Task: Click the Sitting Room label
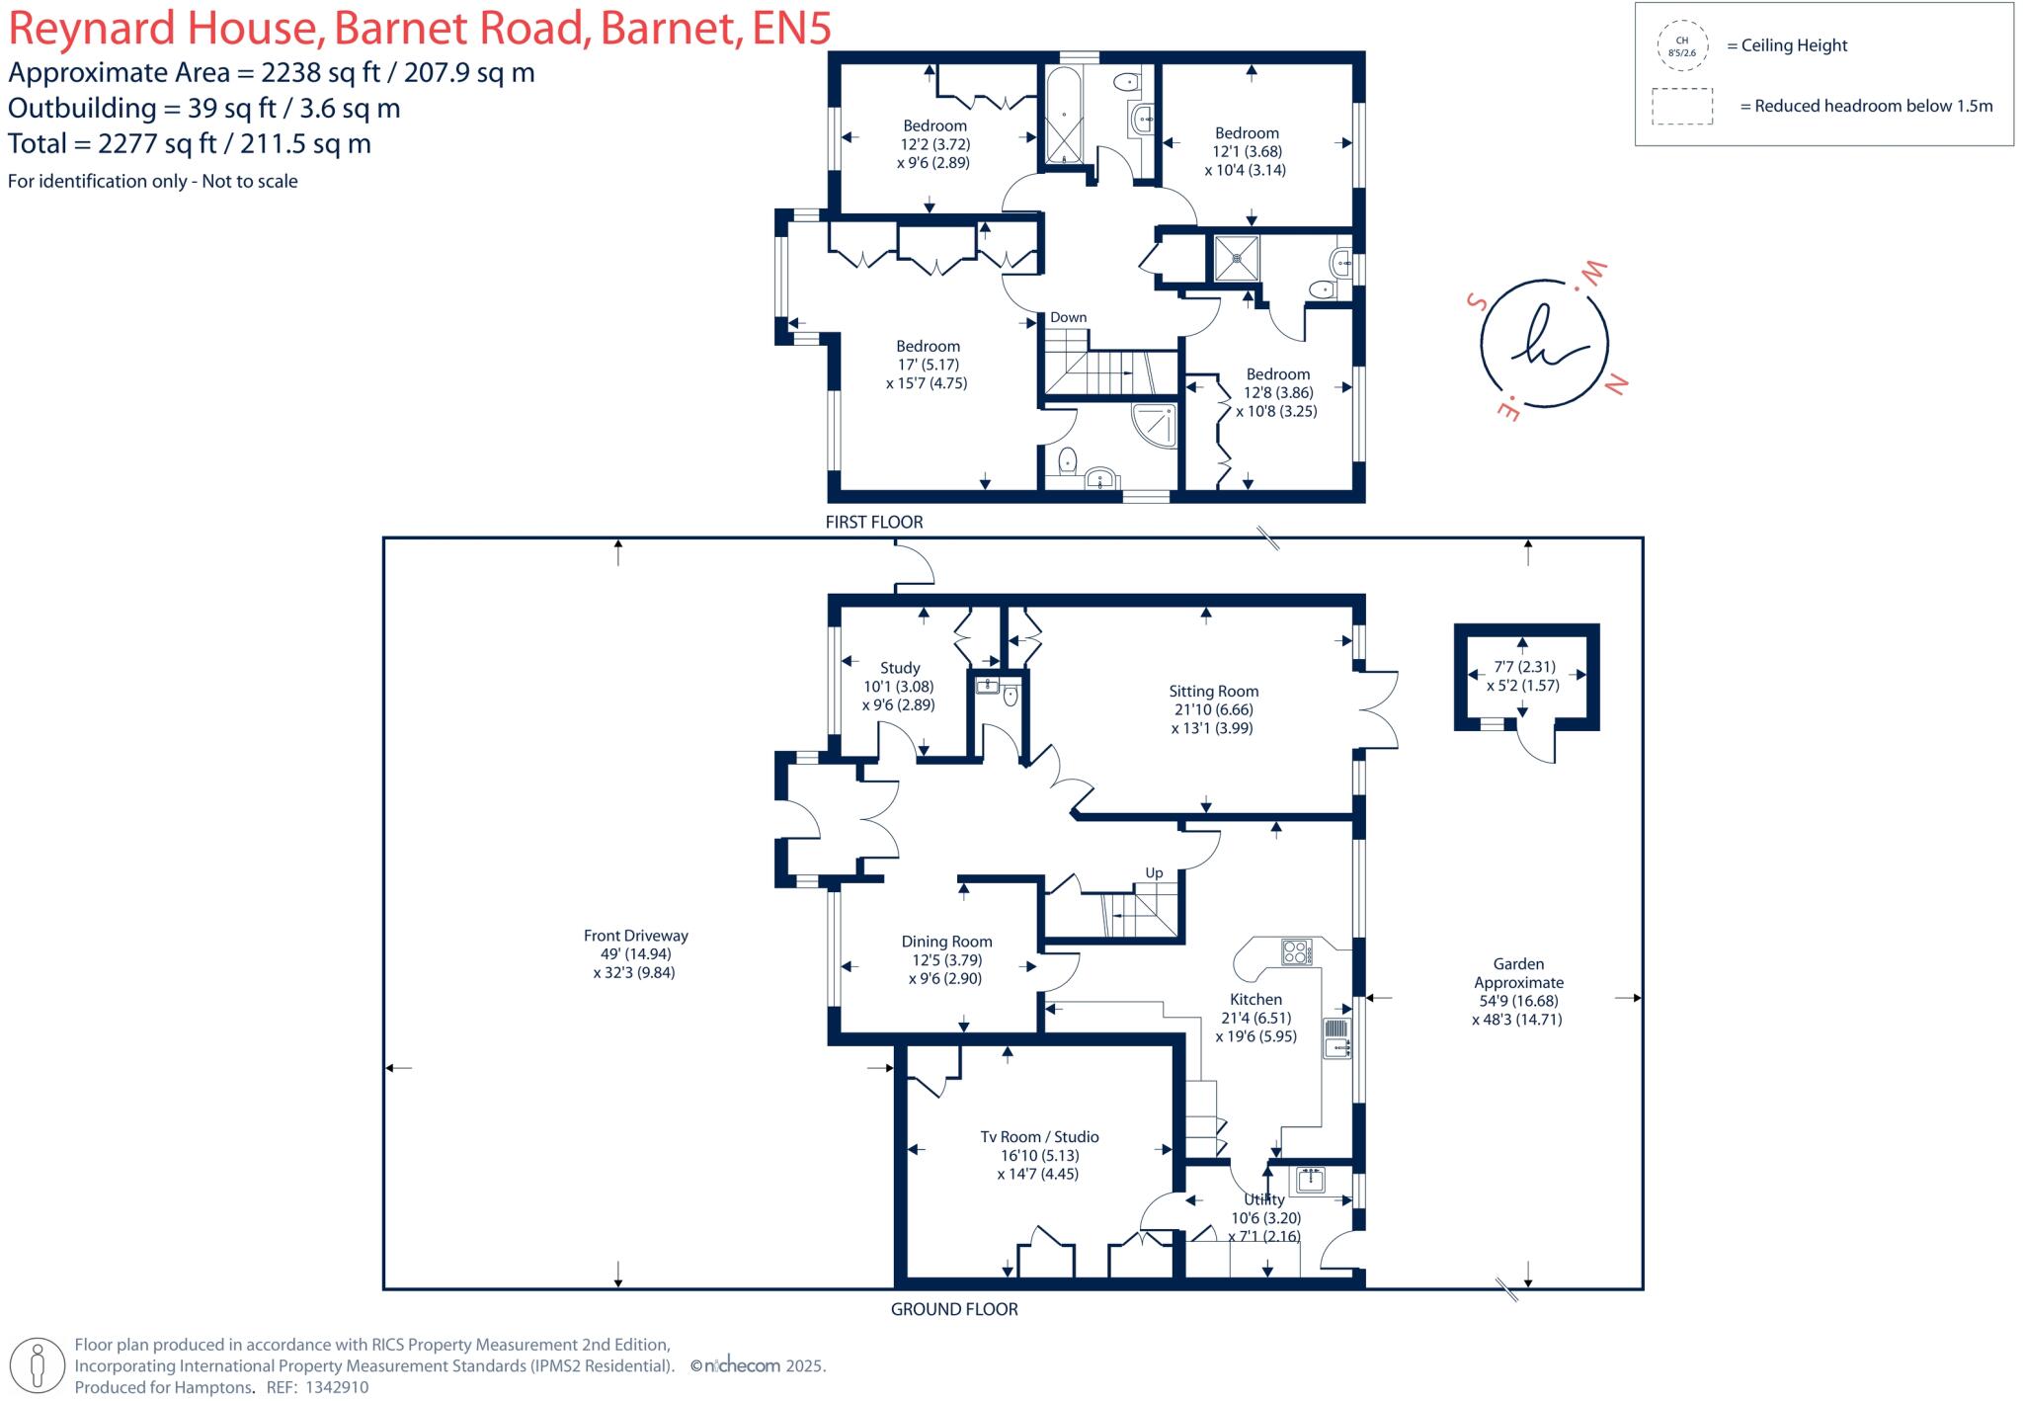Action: (x=1213, y=692)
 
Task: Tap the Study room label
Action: (x=900, y=668)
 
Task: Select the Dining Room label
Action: (x=946, y=942)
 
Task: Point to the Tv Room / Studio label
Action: (x=1039, y=1137)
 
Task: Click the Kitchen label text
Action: (x=1255, y=1000)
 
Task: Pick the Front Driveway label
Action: (x=635, y=936)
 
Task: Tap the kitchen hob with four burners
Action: (x=1296, y=951)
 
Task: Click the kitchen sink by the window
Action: (x=1336, y=1038)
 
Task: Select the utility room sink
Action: (x=1312, y=1180)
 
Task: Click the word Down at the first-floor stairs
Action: (x=1068, y=317)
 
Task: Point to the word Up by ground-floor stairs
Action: (x=1154, y=873)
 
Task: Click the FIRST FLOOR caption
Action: (x=874, y=522)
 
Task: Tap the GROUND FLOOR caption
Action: (x=954, y=1309)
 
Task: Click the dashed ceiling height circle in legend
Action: (x=1682, y=45)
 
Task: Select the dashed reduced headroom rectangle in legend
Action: (x=1682, y=107)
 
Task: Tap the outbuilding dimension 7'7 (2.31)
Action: (x=1525, y=667)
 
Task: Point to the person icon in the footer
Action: (x=39, y=1367)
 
